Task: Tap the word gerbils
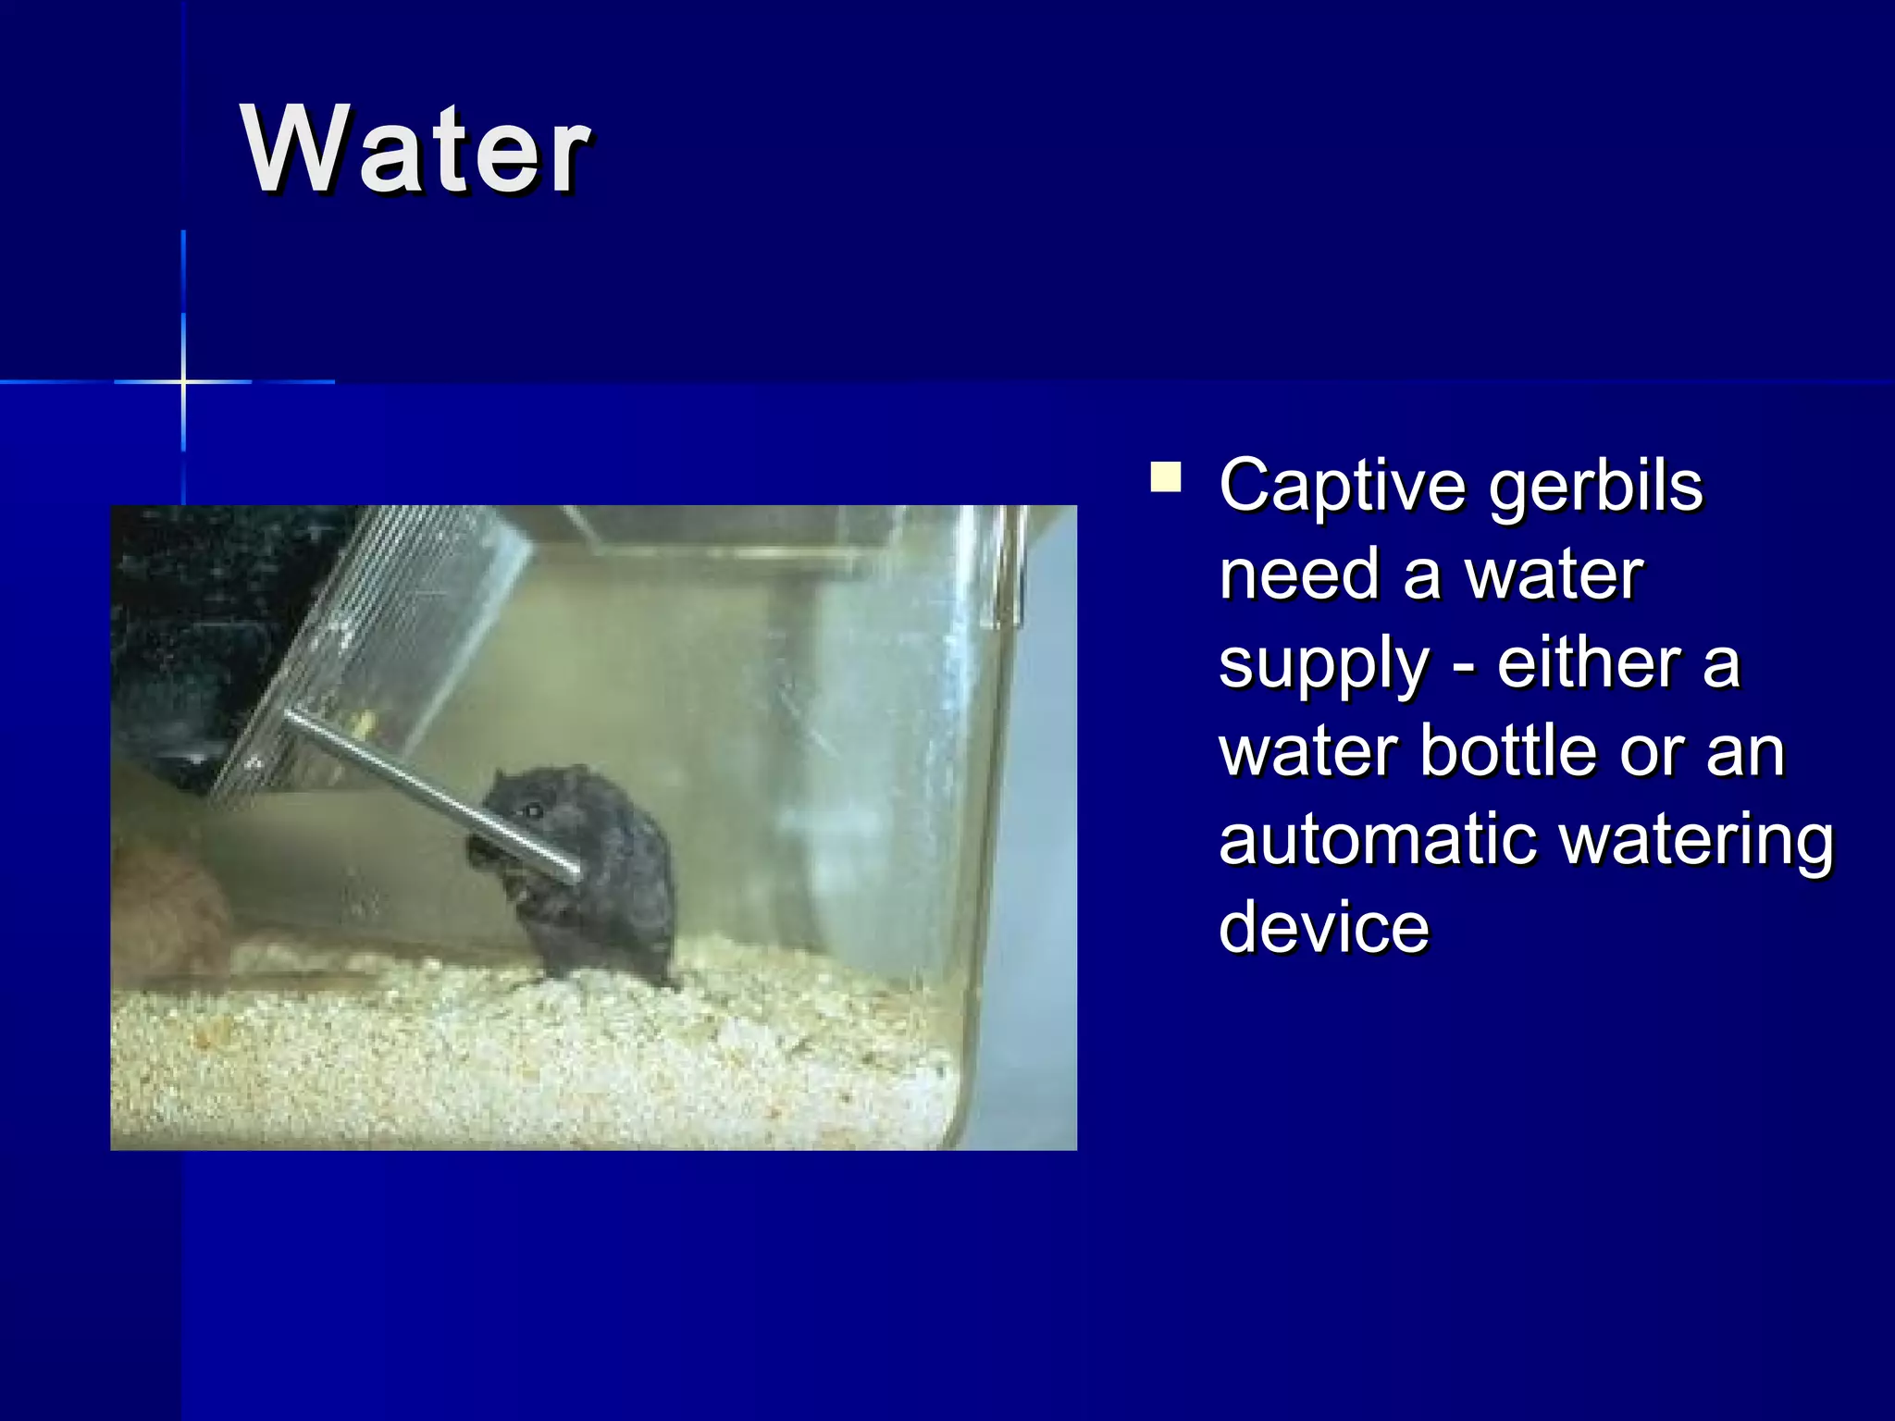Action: pyautogui.click(x=1595, y=485)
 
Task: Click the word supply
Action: pyautogui.click(x=1323, y=664)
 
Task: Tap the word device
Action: pyautogui.click(x=1323, y=927)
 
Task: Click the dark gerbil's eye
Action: pyautogui.click(x=533, y=811)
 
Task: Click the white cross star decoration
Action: pyautogui.click(x=183, y=381)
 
